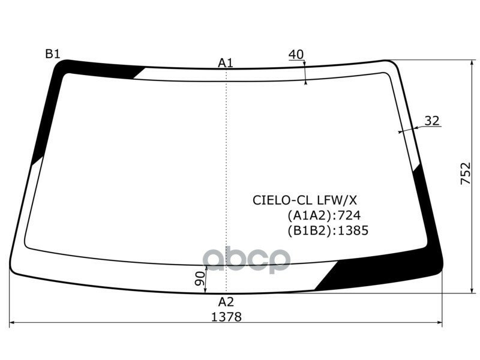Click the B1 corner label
click(53, 54)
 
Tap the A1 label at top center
click(226, 63)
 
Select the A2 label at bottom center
click(226, 302)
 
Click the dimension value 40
click(296, 55)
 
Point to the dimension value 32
click(432, 121)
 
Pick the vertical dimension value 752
click(466, 173)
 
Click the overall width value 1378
click(227, 317)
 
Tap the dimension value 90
click(200, 278)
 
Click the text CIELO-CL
click(283, 200)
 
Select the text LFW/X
click(337, 200)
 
